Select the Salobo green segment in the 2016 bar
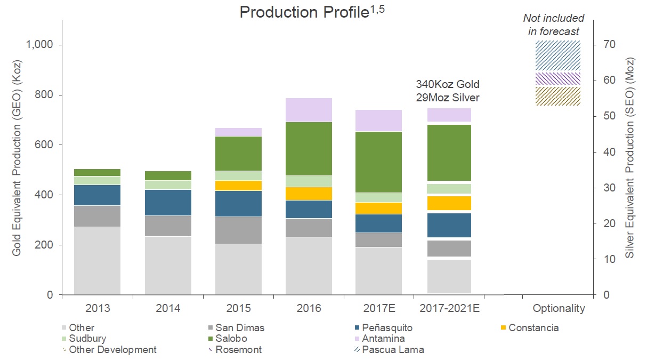(x=309, y=148)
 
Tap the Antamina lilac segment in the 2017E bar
(x=378, y=121)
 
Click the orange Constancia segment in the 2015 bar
(x=238, y=185)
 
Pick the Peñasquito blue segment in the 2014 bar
(x=168, y=202)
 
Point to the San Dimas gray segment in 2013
(x=97, y=216)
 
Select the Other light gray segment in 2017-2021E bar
(x=449, y=276)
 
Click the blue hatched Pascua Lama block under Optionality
(x=558, y=55)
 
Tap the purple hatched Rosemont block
(x=558, y=78)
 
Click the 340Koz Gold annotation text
(x=448, y=84)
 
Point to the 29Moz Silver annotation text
(x=448, y=98)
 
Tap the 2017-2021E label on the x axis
(x=449, y=308)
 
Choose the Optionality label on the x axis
(x=559, y=308)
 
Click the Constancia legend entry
(x=533, y=327)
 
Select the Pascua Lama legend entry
(x=392, y=350)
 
